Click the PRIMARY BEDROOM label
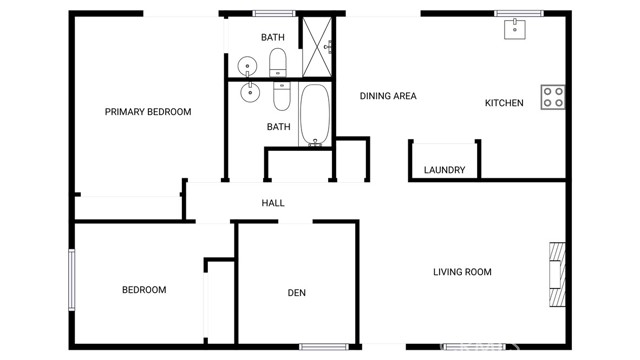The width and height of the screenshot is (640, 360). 148,112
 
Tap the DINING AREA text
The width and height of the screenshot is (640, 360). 388,96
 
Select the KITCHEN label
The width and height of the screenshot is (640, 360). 504,103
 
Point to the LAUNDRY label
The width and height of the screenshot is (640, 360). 444,170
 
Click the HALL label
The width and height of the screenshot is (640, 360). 273,203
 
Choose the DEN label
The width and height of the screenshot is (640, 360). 296,293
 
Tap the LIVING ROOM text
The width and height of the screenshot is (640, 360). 462,272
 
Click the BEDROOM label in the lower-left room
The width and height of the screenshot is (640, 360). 144,290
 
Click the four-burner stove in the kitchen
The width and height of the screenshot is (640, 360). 553,97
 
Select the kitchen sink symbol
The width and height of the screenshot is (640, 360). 516,28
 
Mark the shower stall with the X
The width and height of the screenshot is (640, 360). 317,46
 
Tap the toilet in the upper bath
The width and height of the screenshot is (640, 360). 279,62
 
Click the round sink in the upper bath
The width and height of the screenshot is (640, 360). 247,66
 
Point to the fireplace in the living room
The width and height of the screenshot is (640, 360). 555,271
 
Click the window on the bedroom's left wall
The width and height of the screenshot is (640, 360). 71,280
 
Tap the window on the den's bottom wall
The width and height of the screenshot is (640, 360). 323,347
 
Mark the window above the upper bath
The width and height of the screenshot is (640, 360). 273,14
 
